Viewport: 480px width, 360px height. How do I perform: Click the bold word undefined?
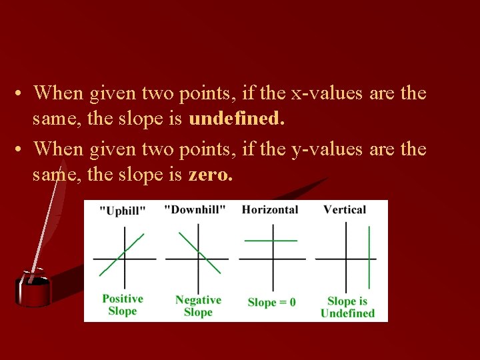237,119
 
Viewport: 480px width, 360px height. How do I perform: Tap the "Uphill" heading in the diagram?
123,211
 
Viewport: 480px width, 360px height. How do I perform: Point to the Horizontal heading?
270,210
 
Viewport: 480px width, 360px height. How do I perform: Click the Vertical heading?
345,210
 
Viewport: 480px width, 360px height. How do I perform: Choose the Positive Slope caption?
123,305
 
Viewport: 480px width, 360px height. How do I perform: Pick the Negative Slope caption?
198,306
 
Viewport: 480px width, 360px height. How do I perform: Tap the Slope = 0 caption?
271,302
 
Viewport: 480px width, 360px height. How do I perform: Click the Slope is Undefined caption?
347,307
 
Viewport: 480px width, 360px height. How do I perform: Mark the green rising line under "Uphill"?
121,255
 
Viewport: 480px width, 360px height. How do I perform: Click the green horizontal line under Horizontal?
271,240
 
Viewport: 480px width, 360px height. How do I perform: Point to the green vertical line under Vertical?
369,257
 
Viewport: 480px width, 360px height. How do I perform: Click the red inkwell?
33,290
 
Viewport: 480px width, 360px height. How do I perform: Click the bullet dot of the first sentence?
22,93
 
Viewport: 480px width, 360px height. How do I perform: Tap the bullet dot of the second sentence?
22,149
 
